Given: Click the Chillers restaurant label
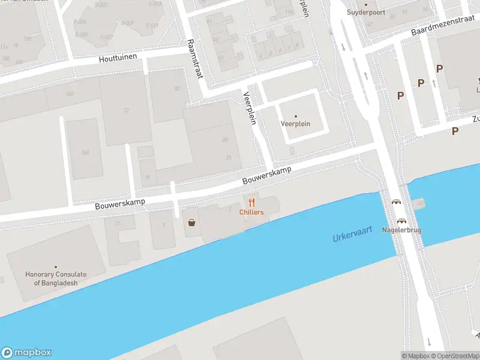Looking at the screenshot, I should [x=251, y=212].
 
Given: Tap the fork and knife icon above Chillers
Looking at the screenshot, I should [x=251, y=202].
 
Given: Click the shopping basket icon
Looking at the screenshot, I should [x=191, y=223].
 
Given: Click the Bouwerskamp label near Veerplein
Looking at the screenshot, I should [x=267, y=175].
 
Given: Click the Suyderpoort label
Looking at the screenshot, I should [x=365, y=12].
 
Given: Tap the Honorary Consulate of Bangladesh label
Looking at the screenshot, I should [x=56, y=278].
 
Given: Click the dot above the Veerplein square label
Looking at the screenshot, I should [x=295, y=116].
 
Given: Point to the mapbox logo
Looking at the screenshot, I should [x=26, y=352].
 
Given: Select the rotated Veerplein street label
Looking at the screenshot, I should [x=250, y=107].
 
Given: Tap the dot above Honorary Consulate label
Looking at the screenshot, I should [x=56, y=267].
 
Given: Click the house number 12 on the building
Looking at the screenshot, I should [x=126, y=110].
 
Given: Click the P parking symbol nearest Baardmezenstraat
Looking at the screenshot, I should [x=440, y=69].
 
